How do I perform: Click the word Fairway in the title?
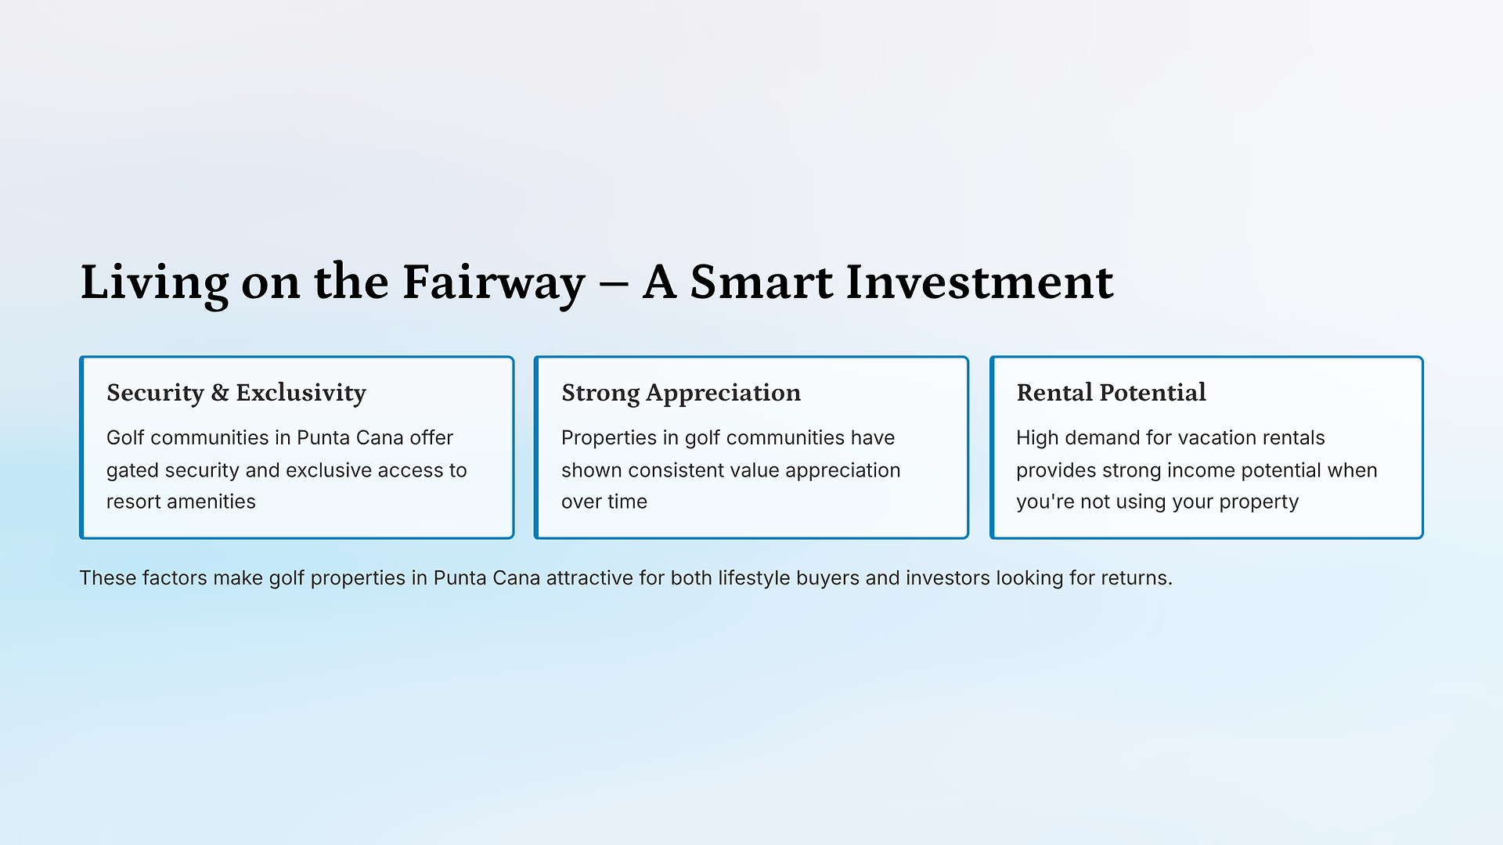493,283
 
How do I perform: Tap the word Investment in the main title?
979,282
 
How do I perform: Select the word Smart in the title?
761,282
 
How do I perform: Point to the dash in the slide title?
614,285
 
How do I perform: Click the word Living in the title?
155,283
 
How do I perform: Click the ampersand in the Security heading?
220,393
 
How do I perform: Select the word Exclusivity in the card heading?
301,394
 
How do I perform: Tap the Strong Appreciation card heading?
681,394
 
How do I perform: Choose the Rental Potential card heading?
1111,393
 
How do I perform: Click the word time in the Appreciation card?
628,502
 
